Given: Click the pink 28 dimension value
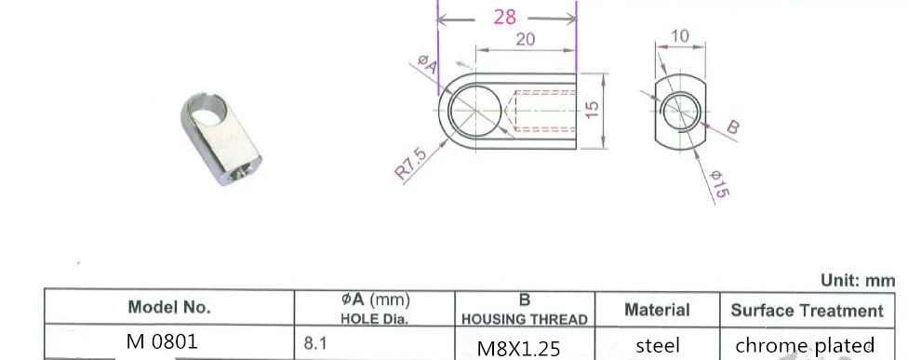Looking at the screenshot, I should [505, 18].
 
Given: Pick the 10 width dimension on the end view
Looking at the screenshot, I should [679, 36].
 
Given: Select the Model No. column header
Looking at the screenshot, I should [169, 307].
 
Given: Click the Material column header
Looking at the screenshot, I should [657, 310].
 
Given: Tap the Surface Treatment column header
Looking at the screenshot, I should [807, 310].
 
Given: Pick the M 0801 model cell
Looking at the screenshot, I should [162, 341].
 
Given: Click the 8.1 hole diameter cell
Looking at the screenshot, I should [316, 343].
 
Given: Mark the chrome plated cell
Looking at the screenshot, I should [805, 345].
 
